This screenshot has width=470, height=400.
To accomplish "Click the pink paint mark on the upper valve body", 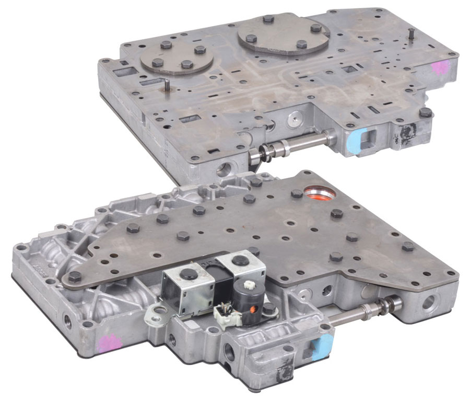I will coord(442,67).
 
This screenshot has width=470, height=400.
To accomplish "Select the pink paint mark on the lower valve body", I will coord(110,342).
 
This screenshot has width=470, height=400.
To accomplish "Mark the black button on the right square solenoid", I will coord(241,260).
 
